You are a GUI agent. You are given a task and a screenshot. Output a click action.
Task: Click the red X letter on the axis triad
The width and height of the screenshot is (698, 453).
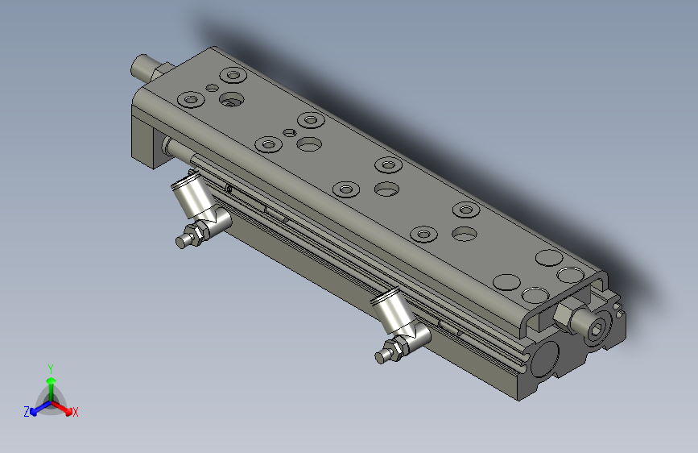pos(76,413)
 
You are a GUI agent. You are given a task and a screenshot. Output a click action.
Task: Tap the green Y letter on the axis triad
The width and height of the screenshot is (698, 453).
pos(50,368)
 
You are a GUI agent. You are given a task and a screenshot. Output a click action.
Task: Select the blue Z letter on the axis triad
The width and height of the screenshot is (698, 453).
pos(27,412)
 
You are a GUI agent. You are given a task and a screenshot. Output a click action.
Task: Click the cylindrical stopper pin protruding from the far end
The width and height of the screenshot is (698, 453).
pos(146,66)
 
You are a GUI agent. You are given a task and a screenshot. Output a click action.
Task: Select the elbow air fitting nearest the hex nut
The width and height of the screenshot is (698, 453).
pos(397,317)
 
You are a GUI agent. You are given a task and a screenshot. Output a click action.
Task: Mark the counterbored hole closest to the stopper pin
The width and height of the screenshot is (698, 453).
pos(233,77)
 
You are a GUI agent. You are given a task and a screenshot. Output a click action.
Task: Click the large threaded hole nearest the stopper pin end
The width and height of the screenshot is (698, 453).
pos(232,100)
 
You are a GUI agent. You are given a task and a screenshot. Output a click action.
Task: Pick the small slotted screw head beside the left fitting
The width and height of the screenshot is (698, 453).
pos(229,190)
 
